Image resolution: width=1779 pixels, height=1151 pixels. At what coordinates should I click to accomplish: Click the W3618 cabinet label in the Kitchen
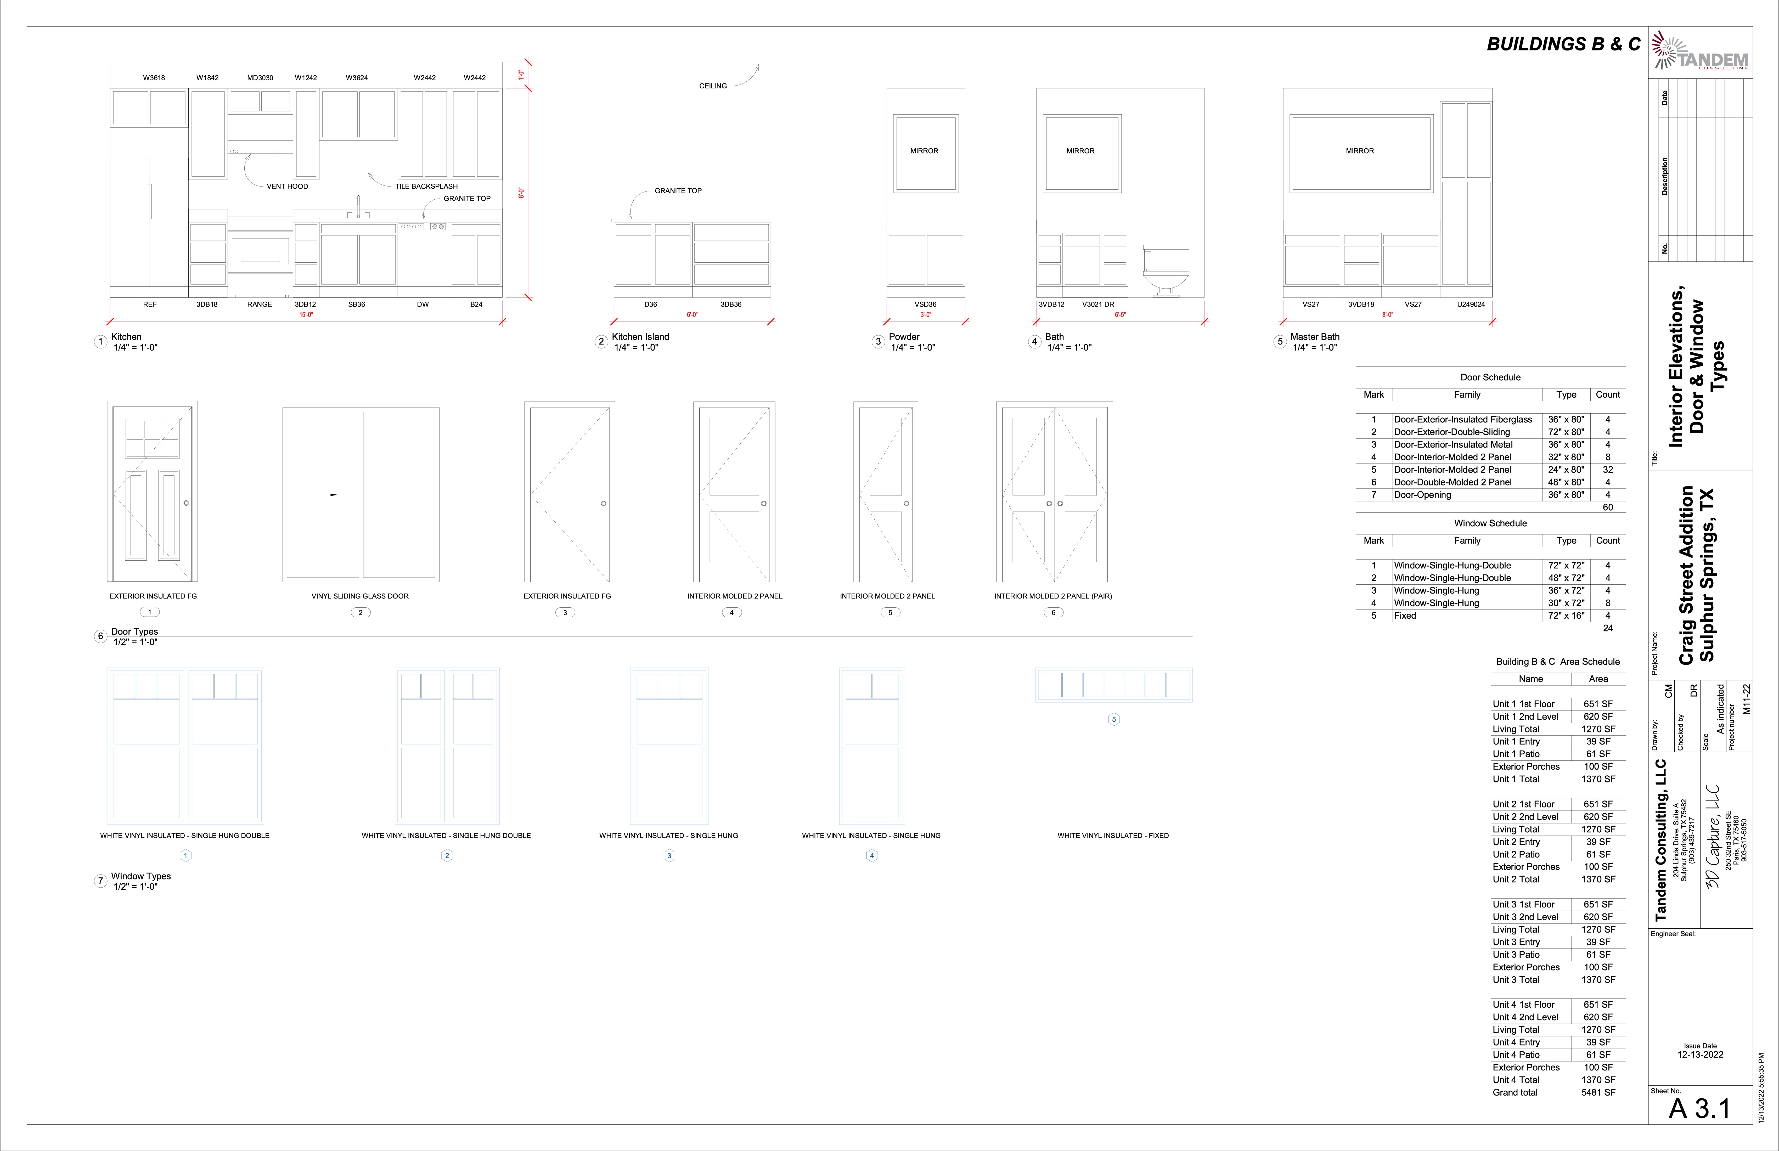click(x=154, y=78)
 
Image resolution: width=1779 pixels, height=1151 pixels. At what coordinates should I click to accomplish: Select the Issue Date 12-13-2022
click(x=1700, y=1054)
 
